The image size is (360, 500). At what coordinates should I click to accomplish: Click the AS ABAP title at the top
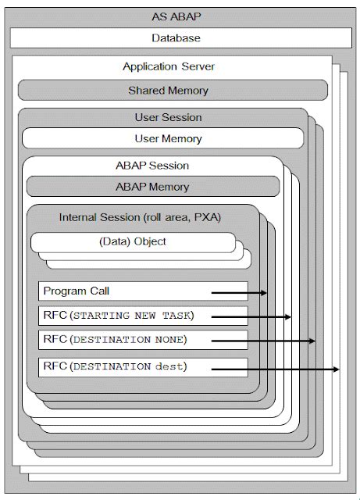point(180,16)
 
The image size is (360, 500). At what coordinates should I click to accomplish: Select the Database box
point(180,37)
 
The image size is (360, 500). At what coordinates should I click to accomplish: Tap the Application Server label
point(169,67)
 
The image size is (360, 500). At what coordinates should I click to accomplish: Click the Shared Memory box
point(168,91)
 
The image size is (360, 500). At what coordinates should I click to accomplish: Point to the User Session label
point(162,118)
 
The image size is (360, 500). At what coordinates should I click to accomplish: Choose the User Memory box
point(162,139)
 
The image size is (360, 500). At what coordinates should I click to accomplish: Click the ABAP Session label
point(152,166)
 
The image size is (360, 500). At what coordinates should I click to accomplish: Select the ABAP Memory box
point(152,187)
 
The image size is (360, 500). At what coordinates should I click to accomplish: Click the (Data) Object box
point(133,241)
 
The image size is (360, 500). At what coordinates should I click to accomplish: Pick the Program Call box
point(142,291)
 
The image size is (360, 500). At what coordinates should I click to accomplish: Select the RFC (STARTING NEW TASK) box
point(142,316)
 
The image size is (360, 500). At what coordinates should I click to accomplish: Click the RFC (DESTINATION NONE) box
point(142,340)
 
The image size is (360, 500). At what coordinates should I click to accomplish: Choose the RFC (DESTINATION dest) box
point(142,366)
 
